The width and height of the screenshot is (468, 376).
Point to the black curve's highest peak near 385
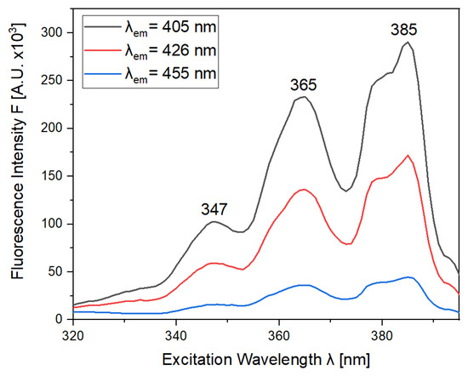click(x=408, y=43)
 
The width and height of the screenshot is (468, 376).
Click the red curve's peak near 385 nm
click(x=408, y=156)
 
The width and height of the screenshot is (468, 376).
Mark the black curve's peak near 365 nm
click(x=304, y=97)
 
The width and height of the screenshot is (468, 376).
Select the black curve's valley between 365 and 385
click(x=346, y=191)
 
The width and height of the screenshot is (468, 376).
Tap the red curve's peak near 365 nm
click(x=304, y=190)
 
